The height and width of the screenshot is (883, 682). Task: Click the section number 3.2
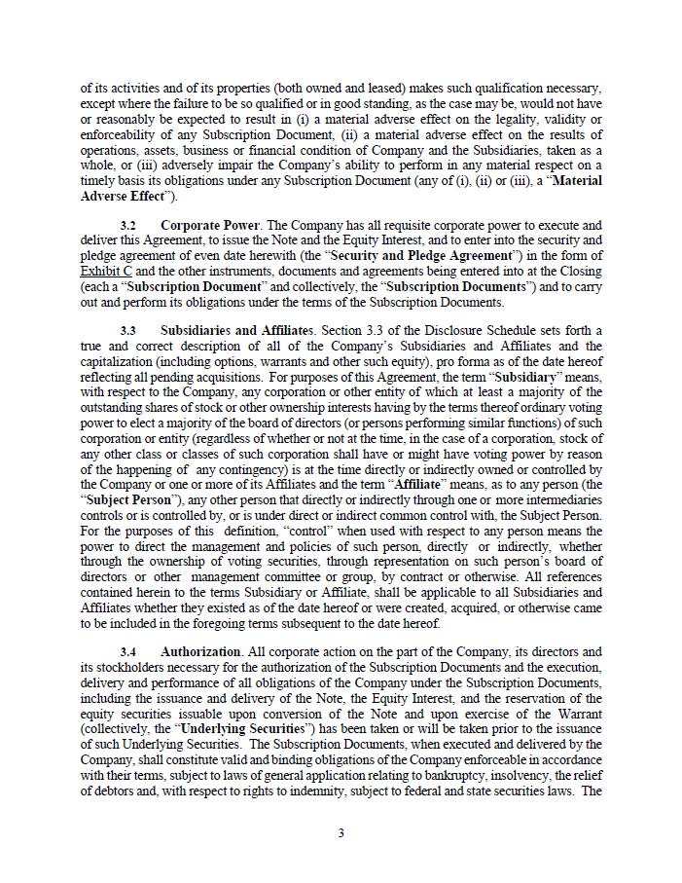point(128,225)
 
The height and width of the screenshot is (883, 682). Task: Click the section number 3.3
point(128,330)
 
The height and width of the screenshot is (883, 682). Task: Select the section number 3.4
point(128,651)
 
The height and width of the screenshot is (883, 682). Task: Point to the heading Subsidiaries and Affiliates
point(236,330)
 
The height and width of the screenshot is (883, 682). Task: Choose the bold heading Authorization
point(200,651)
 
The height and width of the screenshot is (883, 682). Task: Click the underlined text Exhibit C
point(105,271)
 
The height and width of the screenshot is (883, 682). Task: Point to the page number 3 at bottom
point(341,832)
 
